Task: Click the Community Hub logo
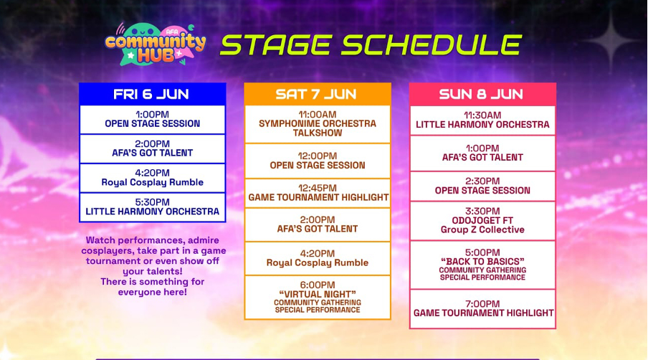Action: tap(155, 44)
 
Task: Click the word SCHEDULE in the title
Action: tap(431, 44)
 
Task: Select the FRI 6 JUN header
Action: tap(152, 94)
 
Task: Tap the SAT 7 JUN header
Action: tap(317, 94)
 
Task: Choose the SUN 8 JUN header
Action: tap(482, 94)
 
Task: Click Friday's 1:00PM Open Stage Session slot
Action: tap(152, 120)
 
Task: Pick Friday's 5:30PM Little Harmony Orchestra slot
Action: tap(152, 207)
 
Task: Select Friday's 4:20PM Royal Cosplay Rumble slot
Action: tap(152, 178)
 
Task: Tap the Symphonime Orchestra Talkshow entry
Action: tap(318, 124)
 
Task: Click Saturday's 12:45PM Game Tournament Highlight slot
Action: tap(318, 193)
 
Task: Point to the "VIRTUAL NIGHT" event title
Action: tap(318, 294)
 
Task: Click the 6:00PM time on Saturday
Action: tap(318, 285)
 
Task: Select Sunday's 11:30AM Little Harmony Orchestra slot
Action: tap(482, 120)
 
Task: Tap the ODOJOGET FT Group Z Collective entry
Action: tap(482, 221)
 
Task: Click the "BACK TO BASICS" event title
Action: tap(482, 262)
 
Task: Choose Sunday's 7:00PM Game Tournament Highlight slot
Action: tap(482, 309)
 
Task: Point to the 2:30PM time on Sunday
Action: tap(482, 181)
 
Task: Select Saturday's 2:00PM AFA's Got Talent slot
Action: tap(318, 224)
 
